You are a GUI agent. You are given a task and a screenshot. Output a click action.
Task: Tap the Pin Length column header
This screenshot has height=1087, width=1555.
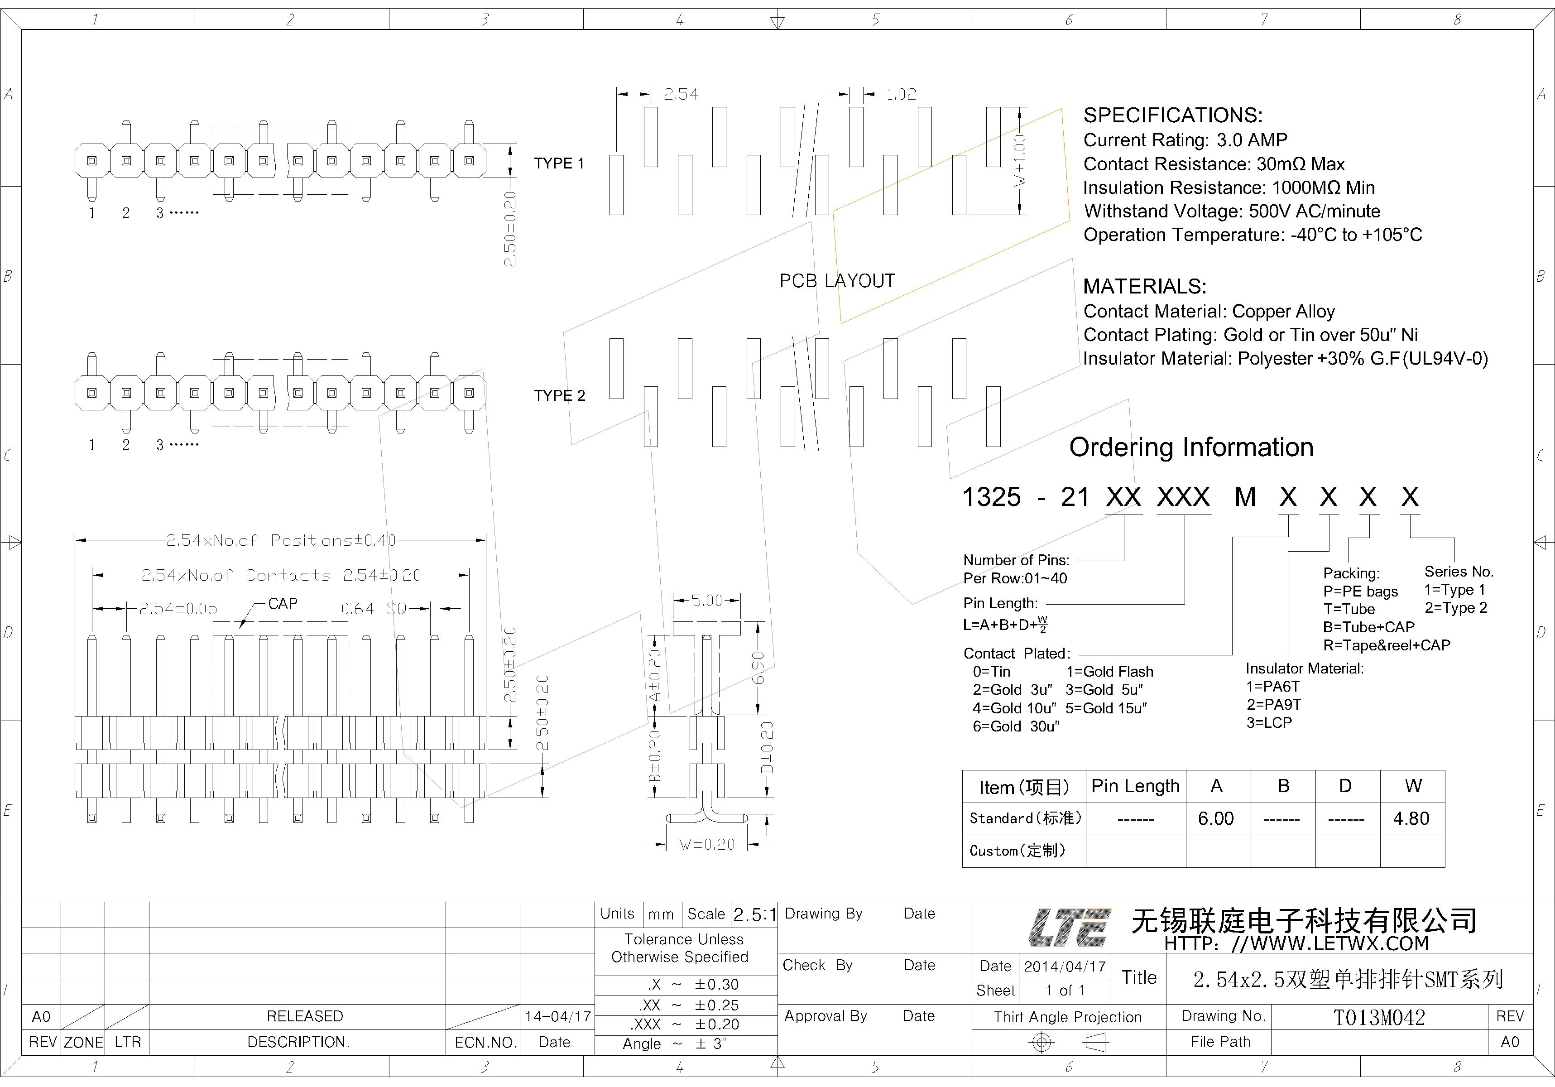(1135, 786)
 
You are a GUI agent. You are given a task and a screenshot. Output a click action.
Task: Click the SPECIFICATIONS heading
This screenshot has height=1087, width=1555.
(1172, 115)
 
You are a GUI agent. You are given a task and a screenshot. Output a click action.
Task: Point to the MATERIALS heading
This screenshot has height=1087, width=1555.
(1145, 287)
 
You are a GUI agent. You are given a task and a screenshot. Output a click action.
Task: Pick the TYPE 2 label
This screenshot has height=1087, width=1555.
(559, 395)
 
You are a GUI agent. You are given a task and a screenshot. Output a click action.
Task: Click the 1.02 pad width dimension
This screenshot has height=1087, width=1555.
(901, 94)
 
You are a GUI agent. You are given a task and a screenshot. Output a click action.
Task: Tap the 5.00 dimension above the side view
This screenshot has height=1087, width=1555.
(706, 601)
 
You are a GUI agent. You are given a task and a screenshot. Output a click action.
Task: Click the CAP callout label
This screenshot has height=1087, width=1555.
(283, 603)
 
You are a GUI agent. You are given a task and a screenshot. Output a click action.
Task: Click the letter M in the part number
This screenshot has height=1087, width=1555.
(1245, 498)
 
